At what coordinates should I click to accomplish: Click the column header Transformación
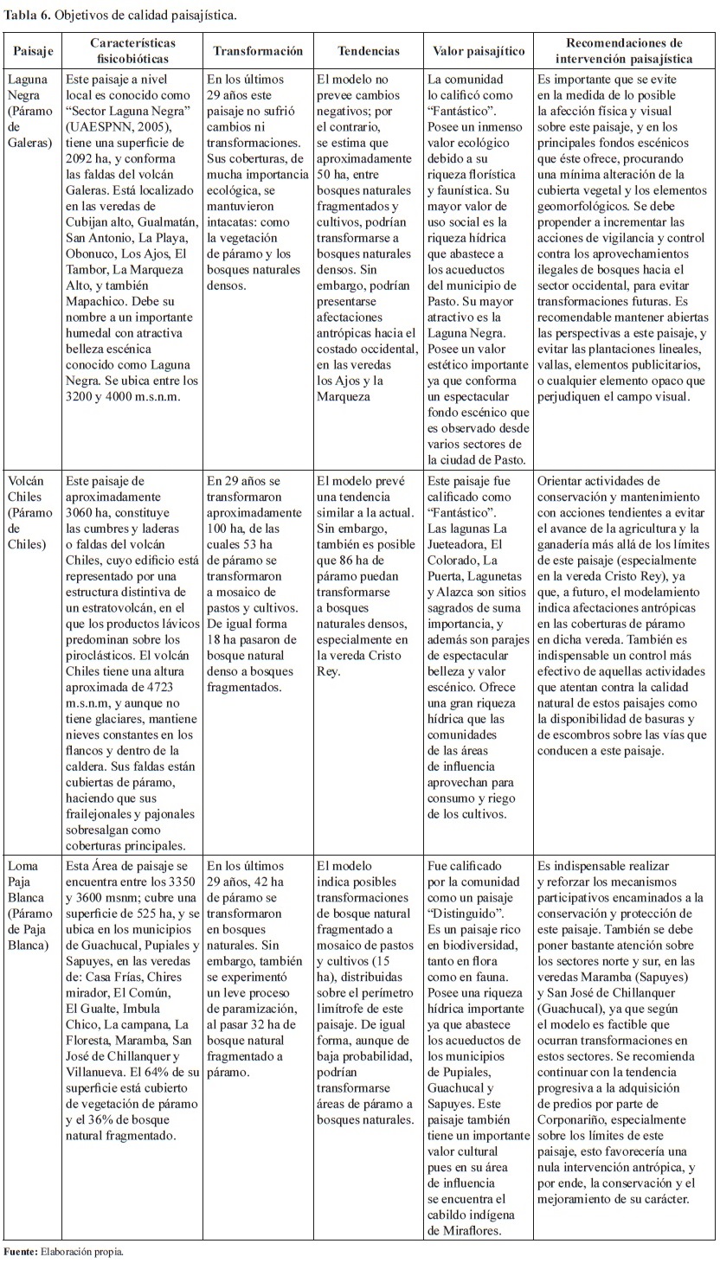(258, 51)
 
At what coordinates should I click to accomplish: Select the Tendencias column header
(369, 51)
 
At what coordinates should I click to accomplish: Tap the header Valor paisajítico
(479, 51)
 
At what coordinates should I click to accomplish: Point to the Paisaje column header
(33, 51)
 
